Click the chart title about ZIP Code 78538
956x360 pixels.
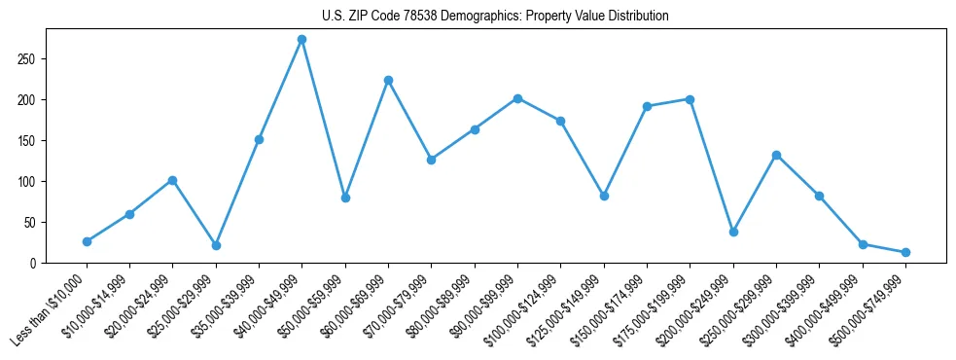coord(495,17)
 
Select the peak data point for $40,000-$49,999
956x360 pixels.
coord(302,40)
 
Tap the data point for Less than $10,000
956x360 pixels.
coord(87,241)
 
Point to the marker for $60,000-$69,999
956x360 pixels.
coord(388,80)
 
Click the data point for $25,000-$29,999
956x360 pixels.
coord(216,245)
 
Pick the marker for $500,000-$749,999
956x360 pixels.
coord(905,252)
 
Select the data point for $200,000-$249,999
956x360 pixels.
coord(733,232)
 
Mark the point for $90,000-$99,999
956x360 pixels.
coord(517,98)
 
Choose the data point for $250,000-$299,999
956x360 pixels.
coord(776,155)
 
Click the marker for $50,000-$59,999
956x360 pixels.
coord(345,198)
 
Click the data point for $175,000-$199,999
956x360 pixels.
coord(690,99)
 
